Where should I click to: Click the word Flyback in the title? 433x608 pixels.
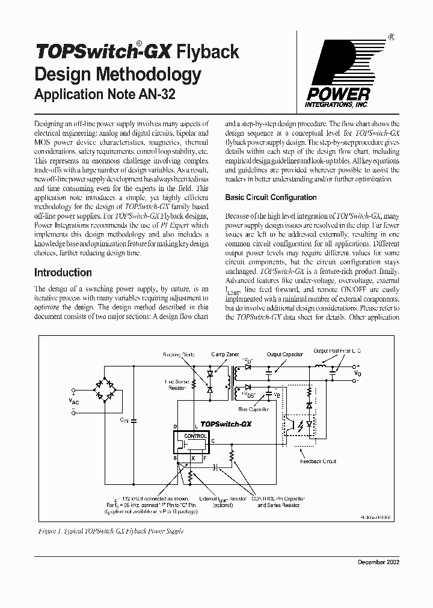[207, 52]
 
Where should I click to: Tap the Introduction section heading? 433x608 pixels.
[63, 272]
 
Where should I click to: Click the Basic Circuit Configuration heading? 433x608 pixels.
[271, 197]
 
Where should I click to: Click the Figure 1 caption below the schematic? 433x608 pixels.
[109, 531]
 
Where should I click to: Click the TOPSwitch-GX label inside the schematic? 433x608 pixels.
[226, 424]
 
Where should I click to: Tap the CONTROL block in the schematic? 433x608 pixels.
[195, 436]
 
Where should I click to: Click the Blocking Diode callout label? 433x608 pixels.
[179, 355]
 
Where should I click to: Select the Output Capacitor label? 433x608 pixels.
[285, 354]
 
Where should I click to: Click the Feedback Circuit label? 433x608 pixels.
[318, 462]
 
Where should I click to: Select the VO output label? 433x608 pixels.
[358, 373]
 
